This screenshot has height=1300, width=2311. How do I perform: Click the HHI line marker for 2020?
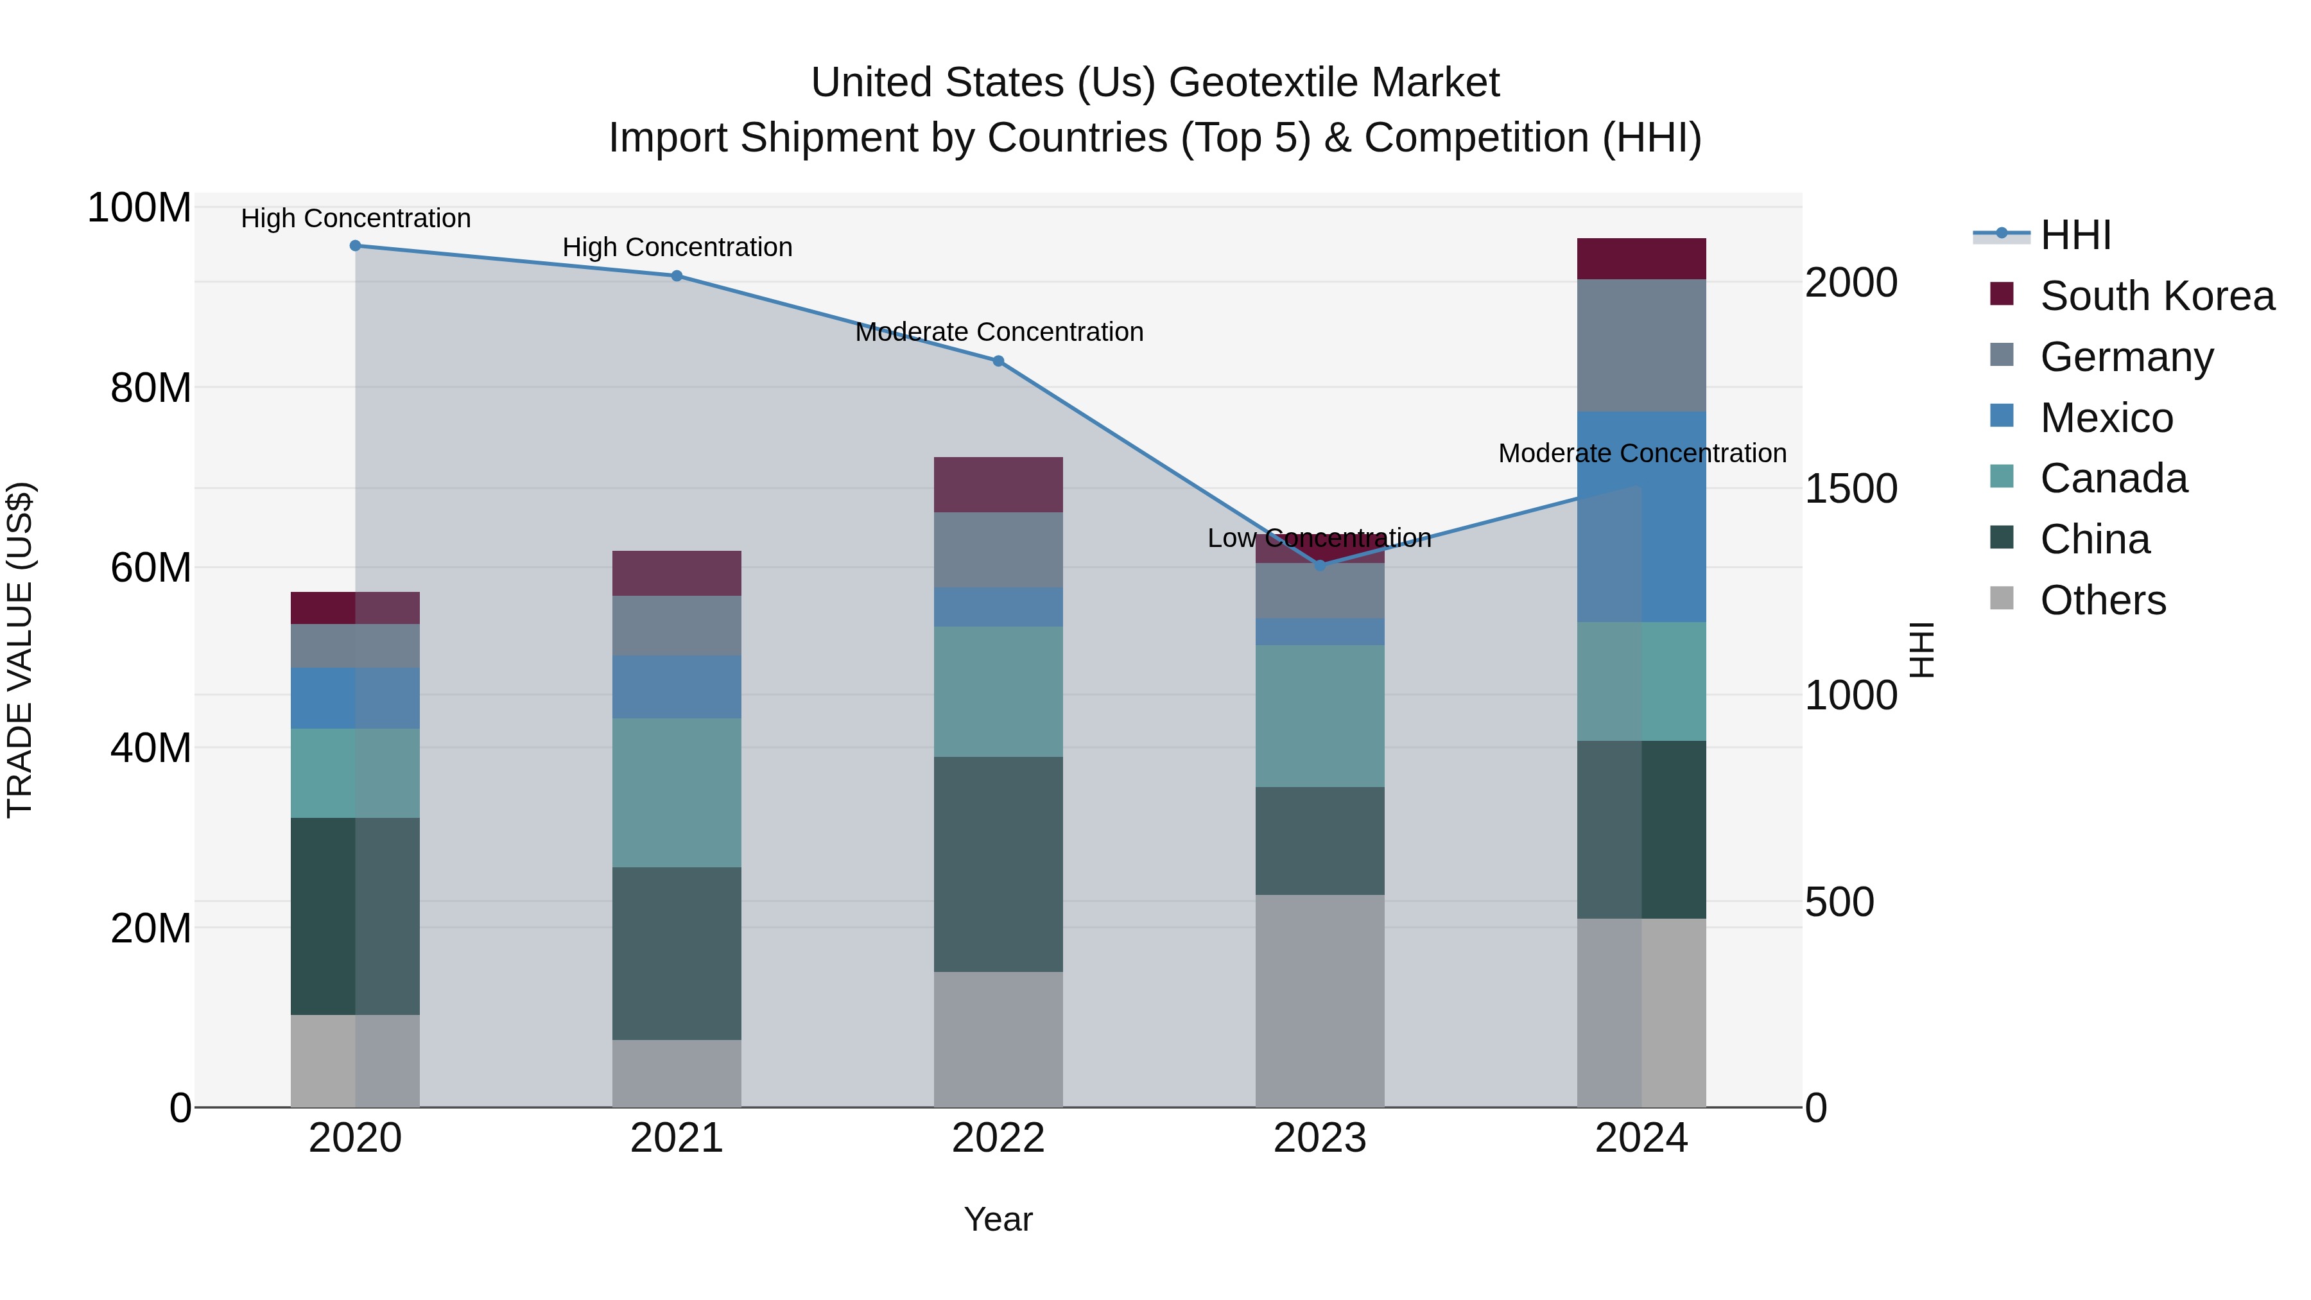pos(355,246)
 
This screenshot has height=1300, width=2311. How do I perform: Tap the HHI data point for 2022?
pos(998,361)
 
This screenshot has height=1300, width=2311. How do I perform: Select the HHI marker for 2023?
pos(1320,565)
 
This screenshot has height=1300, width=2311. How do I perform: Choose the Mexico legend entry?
pos(2106,418)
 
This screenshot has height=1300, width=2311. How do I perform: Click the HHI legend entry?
pos(2074,235)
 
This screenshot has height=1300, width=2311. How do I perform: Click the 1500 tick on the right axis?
pos(1851,489)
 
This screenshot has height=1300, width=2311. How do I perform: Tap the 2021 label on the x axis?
pos(677,1138)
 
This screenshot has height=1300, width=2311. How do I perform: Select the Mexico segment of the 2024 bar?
pos(1641,517)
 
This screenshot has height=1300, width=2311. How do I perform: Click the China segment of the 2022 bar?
pos(998,864)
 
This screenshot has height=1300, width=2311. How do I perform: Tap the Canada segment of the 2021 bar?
pos(677,792)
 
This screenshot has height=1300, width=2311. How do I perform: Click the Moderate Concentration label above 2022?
pos(998,332)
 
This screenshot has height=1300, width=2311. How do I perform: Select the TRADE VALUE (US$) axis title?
pos(20,650)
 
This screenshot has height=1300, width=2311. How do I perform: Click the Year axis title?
pos(998,1219)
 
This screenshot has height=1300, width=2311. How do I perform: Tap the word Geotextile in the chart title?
pos(1265,83)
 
